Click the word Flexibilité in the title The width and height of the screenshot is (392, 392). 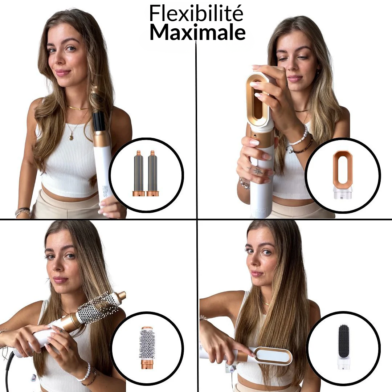196,14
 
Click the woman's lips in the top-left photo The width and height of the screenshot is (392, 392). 62,73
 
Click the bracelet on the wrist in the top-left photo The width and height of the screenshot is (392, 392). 23,212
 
